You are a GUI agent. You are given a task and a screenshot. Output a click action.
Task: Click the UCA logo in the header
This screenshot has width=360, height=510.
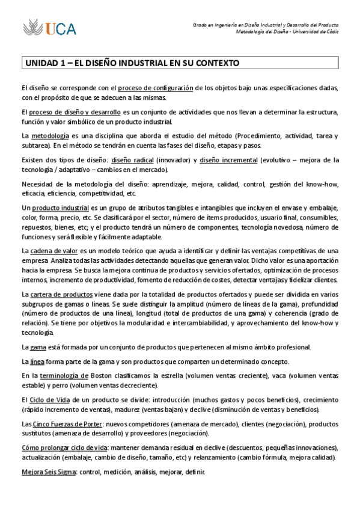click(x=50, y=27)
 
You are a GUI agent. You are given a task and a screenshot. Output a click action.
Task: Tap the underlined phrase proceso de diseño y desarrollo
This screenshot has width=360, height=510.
click(x=83, y=112)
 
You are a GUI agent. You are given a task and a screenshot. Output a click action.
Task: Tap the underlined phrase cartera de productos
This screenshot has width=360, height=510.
click(x=61, y=294)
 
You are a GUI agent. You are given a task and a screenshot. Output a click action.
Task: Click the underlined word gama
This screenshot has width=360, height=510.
click(x=38, y=347)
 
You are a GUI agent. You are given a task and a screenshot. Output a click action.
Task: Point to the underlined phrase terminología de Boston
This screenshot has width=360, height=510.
click(x=69, y=375)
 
